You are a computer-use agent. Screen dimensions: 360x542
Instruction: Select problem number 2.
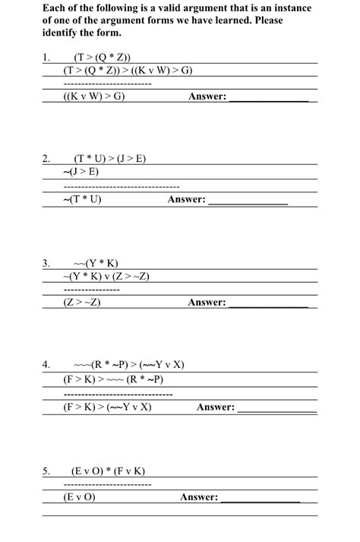(46, 158)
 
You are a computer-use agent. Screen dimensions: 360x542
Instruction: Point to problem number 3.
(46, 263)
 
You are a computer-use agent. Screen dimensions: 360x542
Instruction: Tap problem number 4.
(46, 364)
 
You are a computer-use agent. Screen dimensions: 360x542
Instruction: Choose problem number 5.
(46, 471)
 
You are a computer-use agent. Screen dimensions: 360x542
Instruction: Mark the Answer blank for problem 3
(268, 303)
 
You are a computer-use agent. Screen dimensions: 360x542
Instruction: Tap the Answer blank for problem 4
(276, 408)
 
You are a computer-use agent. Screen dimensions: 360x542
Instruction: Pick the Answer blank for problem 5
(260, 499)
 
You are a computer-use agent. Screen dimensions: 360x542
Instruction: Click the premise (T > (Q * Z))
(102, 57)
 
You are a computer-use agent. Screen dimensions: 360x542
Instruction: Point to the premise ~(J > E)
(84, 172)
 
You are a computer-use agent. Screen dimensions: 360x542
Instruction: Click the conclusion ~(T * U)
(83, 199)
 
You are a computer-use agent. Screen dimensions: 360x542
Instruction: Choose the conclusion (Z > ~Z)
(83, 303)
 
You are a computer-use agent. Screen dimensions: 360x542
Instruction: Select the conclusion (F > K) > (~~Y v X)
(109, 407)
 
